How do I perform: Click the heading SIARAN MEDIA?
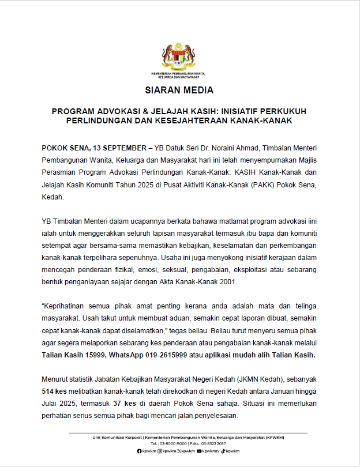(x=179, y=91)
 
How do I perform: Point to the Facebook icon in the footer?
(x=138, y=451)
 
